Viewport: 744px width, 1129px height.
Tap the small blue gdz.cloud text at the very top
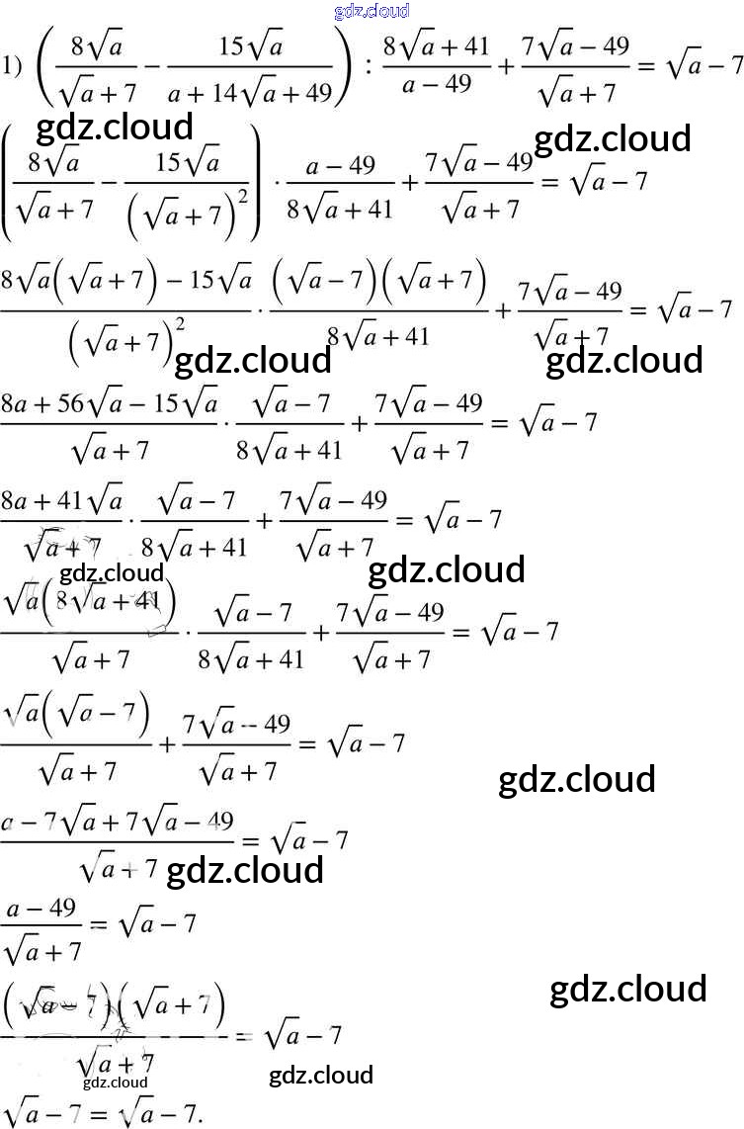(372, 11)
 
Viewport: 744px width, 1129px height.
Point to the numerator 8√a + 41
(436, 46)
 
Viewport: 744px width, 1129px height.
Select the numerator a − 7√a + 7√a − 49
(118, 821)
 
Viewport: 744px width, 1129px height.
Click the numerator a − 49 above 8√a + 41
(340, 165)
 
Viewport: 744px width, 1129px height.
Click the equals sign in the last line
(98, 1111)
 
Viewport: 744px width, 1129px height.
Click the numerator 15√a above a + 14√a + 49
(249, 46)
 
